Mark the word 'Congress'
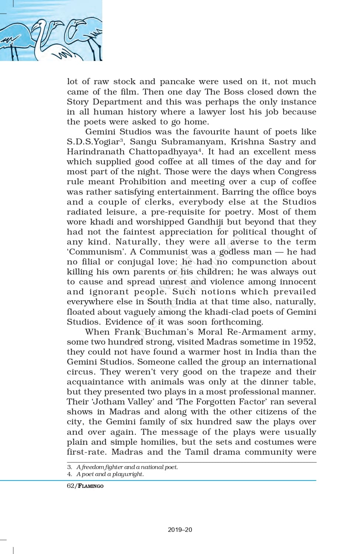click(x=297, y=172)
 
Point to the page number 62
click(x=70, y=486)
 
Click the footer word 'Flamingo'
click(x=90, y=486)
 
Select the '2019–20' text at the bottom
click(x=180, y=530)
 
